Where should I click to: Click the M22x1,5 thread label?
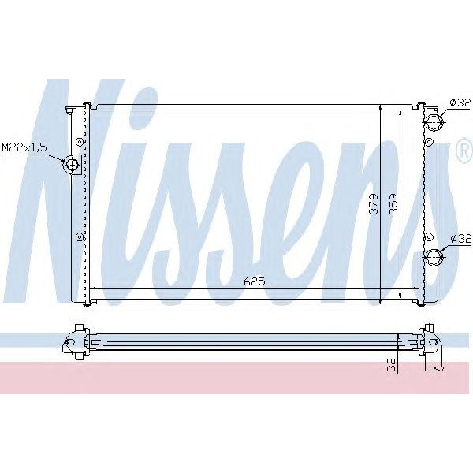(x=24, y=147)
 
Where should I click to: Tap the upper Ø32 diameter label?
(x=459, y=102)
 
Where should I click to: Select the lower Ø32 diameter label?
(x=459, y=238)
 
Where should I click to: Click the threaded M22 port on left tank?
(x=71, y=164)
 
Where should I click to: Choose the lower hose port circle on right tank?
(x=434, y=257)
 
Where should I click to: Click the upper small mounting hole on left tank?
(x=79, y=142)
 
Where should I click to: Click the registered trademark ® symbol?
(x=464, y=153)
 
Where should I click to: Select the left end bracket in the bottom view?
(x=75, y=341)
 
